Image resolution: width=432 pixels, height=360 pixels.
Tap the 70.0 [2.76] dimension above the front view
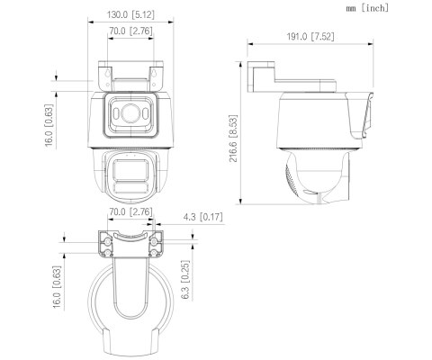coord(128,32)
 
